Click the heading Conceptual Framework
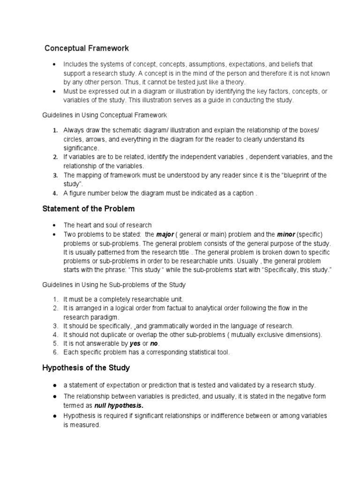click(87, 48)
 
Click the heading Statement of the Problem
click(89, 209)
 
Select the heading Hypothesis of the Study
click(86, 367)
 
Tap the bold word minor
click(286, 234)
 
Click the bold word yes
click(135, 344)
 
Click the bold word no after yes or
click(154, 344)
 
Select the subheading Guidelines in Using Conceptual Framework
click(105, 115)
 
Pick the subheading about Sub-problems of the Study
click(114, 285)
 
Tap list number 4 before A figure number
click(55, 193)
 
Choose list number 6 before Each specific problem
click(55, 352)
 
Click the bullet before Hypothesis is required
click(55, 416)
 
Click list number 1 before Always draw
click(55, 130)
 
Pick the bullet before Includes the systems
click(55, 64)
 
